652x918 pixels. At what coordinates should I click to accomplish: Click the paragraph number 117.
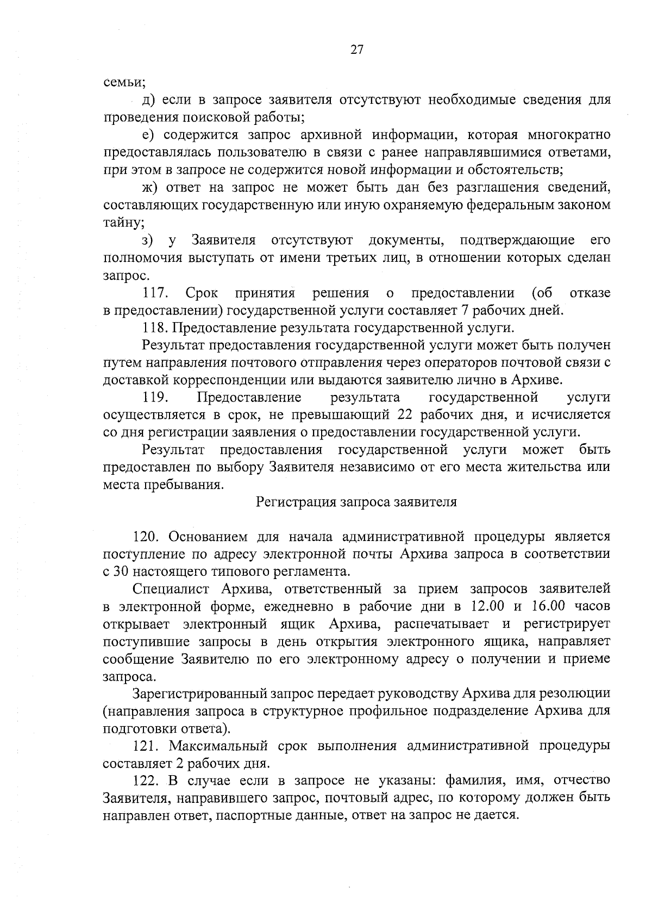154,293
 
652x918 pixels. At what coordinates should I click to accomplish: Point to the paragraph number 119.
154,398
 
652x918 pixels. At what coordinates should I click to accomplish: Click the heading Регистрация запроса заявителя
356,502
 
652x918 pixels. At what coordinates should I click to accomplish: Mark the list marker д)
148,100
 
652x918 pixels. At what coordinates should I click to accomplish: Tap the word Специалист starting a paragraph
172,589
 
